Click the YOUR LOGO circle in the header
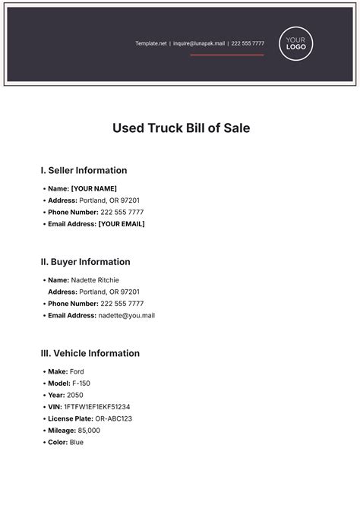click(x=296, y=43)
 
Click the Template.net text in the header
click(x=150, y=43)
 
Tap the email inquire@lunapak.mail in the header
click(x=199, y=43)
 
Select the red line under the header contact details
click(x=227, y=55)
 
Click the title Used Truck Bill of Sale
click(x=181, y=128)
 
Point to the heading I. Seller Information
click(x=84, y=170)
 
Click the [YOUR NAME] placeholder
click(x=93, y=188)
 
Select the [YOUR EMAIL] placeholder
click(x=122, y=224)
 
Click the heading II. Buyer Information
click(x=85, y=262)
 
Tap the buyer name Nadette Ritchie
click(x=95, y=280)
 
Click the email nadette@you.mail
click(x=127, y=315)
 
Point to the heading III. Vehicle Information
click(x=90, y=353)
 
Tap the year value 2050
click(x=75, y=395)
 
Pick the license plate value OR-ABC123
click(x=113, y=418)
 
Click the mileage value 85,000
click(x=89, y=431)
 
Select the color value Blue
click(x=77, y=442)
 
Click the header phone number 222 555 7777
click(x=248, y=43)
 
